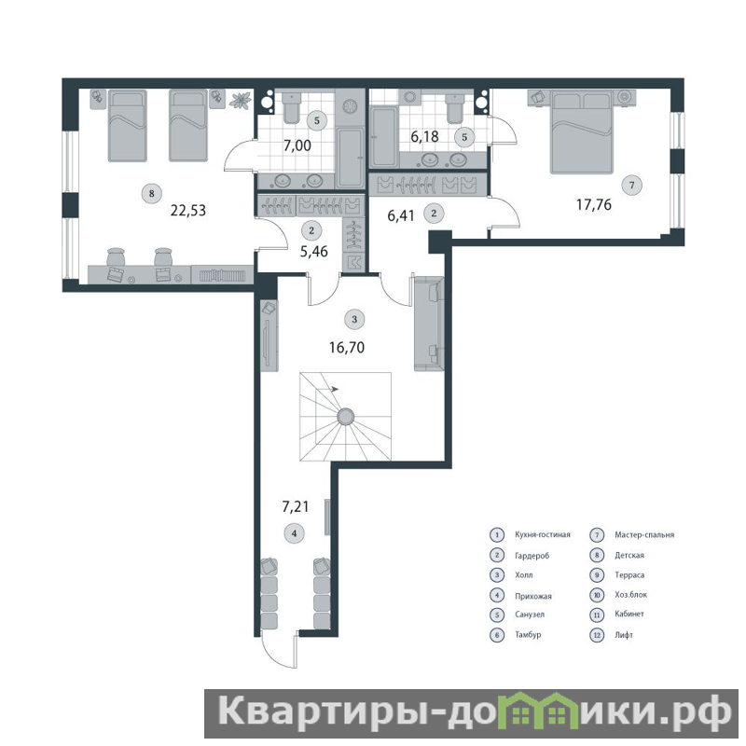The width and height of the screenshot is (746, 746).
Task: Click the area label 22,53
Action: pos(188,211)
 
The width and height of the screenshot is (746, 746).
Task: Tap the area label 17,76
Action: pos(594,204)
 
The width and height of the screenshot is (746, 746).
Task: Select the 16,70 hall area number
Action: pos(347,347)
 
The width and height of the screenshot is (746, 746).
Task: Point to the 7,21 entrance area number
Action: pos(296,506)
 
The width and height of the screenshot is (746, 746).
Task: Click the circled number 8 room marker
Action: pos(152,193)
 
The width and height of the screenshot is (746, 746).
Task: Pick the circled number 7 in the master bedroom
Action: pos(632,185)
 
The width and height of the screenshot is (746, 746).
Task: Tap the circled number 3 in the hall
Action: pos(354,319)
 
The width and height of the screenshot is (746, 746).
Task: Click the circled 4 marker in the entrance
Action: pos(294,533)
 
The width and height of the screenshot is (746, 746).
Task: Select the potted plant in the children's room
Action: pos(241,101)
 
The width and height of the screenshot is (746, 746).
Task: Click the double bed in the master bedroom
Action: pos(581,131)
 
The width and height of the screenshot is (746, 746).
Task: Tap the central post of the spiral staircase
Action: pos(345,417)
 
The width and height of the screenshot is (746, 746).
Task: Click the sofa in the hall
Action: pos(429,324)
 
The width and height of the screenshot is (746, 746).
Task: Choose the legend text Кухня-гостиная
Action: pos(543,534)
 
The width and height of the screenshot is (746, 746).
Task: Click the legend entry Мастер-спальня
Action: pos(644,534)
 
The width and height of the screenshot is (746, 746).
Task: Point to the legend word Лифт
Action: pos(624,635)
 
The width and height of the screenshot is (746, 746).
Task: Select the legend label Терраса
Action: pos(629,574)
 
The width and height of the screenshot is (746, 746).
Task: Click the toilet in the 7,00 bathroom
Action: pos(292,107)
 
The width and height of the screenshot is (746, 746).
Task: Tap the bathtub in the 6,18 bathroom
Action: pos(383,137)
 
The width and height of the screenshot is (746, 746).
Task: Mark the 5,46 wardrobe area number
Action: pos(314,251)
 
